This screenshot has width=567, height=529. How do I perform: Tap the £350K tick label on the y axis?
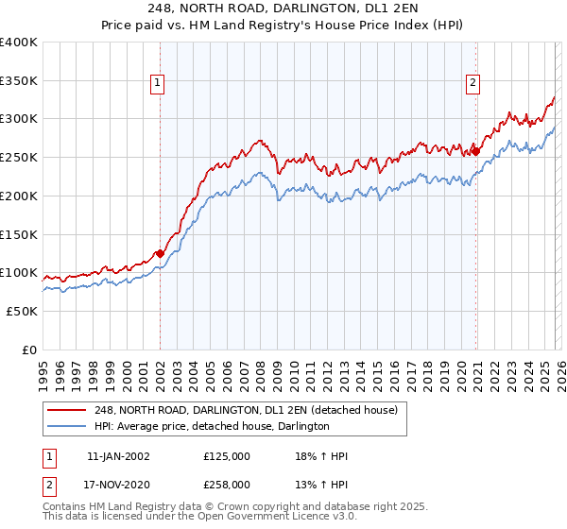point(18,81)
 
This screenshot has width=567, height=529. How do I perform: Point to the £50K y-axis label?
point(21,311)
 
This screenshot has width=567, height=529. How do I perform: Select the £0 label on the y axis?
point(30,350)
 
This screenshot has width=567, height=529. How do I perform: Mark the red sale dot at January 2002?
point(160,253)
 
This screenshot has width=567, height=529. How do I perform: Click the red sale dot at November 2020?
point(475,151)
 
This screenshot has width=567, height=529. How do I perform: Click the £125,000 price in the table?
point(227,456)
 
